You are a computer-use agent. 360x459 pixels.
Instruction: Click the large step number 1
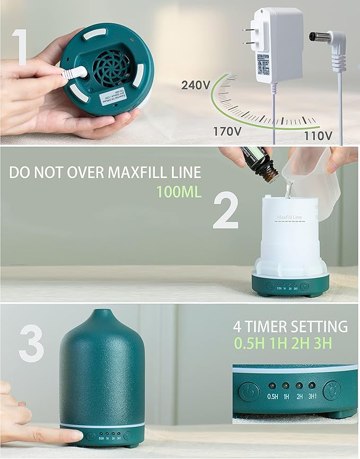click(20, 48)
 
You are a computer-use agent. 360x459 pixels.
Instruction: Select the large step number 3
click(31, 343)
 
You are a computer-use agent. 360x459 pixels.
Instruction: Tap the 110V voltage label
click(318, 136)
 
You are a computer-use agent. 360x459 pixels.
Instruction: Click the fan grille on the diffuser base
click(112, 67)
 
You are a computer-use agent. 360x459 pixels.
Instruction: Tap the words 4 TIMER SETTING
click(290, 326)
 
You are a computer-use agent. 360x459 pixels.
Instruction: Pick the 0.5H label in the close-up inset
click(273, 396)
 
